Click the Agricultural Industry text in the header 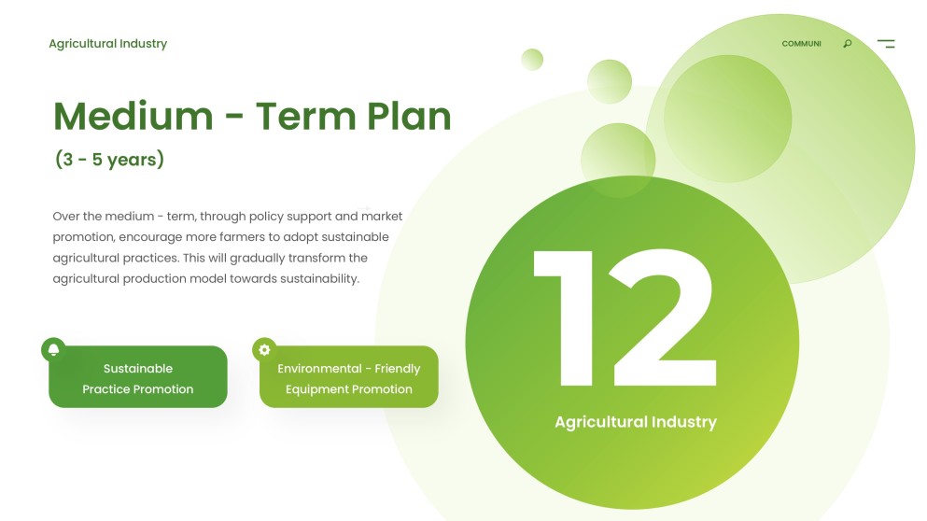click(107, 44)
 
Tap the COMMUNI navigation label click(801, 44)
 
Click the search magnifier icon click(848, 44)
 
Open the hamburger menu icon click(886, 44)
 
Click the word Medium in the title click(133, 117)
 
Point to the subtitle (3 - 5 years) click(109, 160)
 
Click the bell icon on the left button click(53, 349)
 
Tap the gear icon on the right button click(264, 349)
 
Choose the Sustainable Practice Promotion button click(138, 378)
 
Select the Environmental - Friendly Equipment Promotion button click(348, 378)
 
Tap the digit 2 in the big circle click(665, 317)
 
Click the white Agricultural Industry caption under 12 click(635, 422)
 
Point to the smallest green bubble click(532, 59)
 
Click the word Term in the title click(304, 117)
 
